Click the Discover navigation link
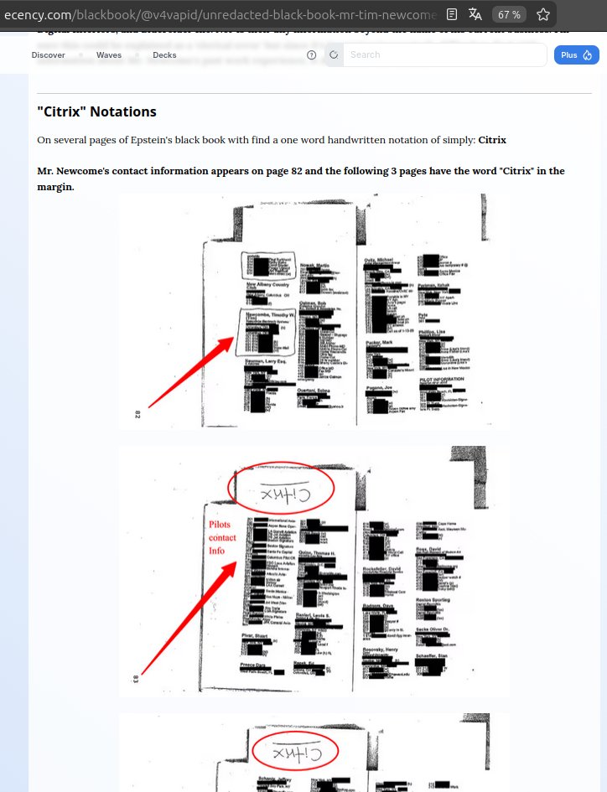49,55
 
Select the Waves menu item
109,55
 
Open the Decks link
164,55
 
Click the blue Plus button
576,55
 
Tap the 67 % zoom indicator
508,14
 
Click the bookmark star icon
543,14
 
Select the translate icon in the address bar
475,14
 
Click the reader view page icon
452,14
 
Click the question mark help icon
312,55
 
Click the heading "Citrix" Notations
96,111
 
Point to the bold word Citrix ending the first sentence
492,140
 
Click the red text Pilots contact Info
222,538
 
